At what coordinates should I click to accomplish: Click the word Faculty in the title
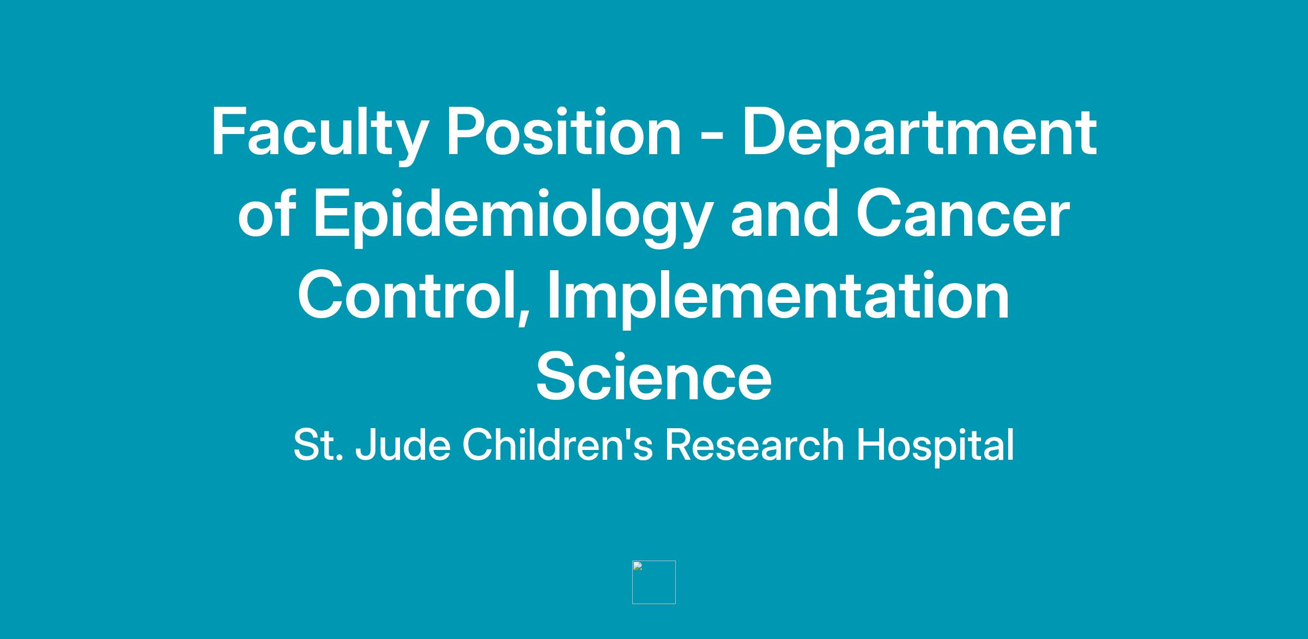(x=318, y=134)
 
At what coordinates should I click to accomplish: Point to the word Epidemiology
(x=512, y=216)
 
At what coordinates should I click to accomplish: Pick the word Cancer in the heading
(x=962, y=214)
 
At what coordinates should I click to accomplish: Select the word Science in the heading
(x=654, y=376)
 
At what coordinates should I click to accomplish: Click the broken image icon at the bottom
(x=654, y=582)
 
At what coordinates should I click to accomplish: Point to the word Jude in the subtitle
(x=403, y=445)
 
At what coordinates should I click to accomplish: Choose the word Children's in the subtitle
(x=558, y=445)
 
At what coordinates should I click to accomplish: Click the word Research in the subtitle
(x=754, y=445)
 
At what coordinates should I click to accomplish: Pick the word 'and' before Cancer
(x=783, y=214)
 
